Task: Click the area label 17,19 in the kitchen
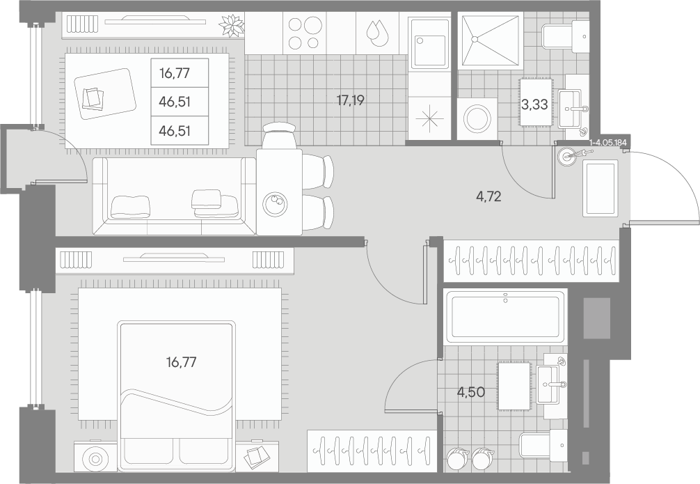351,100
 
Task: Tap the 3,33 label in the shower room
534,104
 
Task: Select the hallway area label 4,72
488,196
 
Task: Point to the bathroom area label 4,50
470,392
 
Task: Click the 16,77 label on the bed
181,362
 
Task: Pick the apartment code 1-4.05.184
608,143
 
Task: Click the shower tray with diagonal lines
490,40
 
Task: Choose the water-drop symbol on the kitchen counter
377,33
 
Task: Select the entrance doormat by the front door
600,189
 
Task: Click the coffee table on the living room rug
105,93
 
